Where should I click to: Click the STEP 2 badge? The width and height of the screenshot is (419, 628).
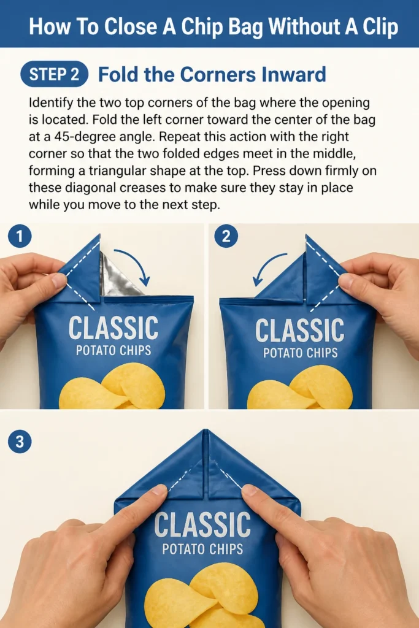(54, 74)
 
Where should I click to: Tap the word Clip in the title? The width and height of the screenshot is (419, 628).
(380, 27)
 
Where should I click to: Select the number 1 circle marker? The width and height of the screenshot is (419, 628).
(20, 236)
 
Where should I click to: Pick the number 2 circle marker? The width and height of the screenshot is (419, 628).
(226, 236)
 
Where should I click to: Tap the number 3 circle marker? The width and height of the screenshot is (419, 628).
(20, 442)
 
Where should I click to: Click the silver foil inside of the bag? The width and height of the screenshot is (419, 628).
(120, 277)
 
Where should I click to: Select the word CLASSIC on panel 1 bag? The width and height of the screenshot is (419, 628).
(113, 328)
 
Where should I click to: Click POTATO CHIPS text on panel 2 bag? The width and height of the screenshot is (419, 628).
(301, 353)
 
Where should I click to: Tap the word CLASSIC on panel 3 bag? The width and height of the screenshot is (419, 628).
(202, 525)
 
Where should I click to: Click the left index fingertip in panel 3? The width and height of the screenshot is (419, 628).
(160, 490)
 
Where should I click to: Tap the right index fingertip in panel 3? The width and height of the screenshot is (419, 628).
(250, 490)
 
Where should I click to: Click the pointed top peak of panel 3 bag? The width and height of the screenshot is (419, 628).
(206, 431)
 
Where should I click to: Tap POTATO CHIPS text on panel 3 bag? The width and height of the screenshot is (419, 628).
(202, 549)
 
